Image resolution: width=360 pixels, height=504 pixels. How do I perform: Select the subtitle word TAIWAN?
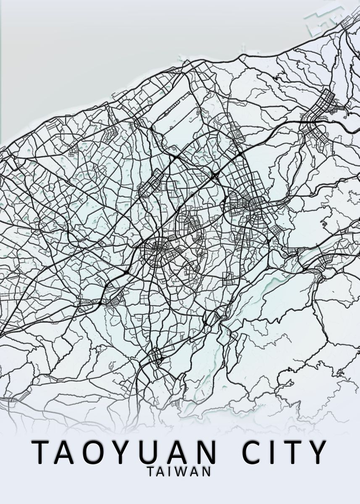pyautogui.click(x=179, y=471)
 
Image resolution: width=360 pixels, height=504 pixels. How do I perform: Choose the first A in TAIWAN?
pyautogui.click(x=162, y=471)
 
